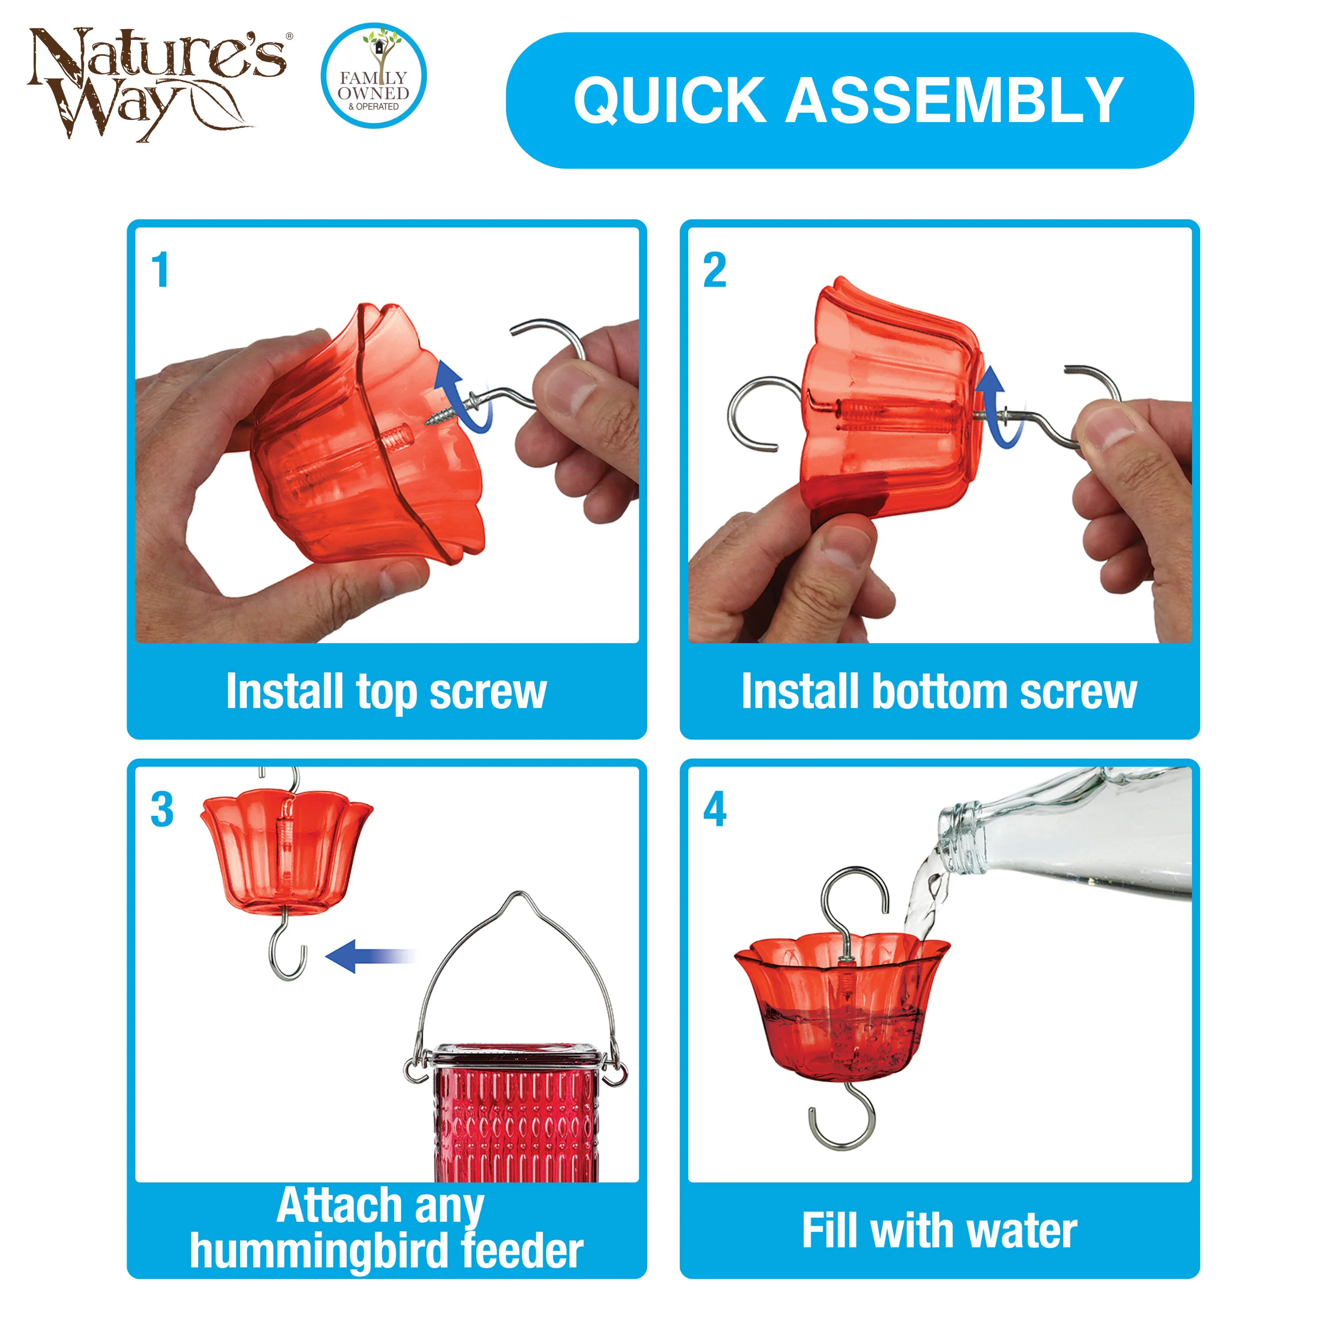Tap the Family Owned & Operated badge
pos(374,76)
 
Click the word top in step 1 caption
pos(386,692)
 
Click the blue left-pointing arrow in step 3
pos(368,956)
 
